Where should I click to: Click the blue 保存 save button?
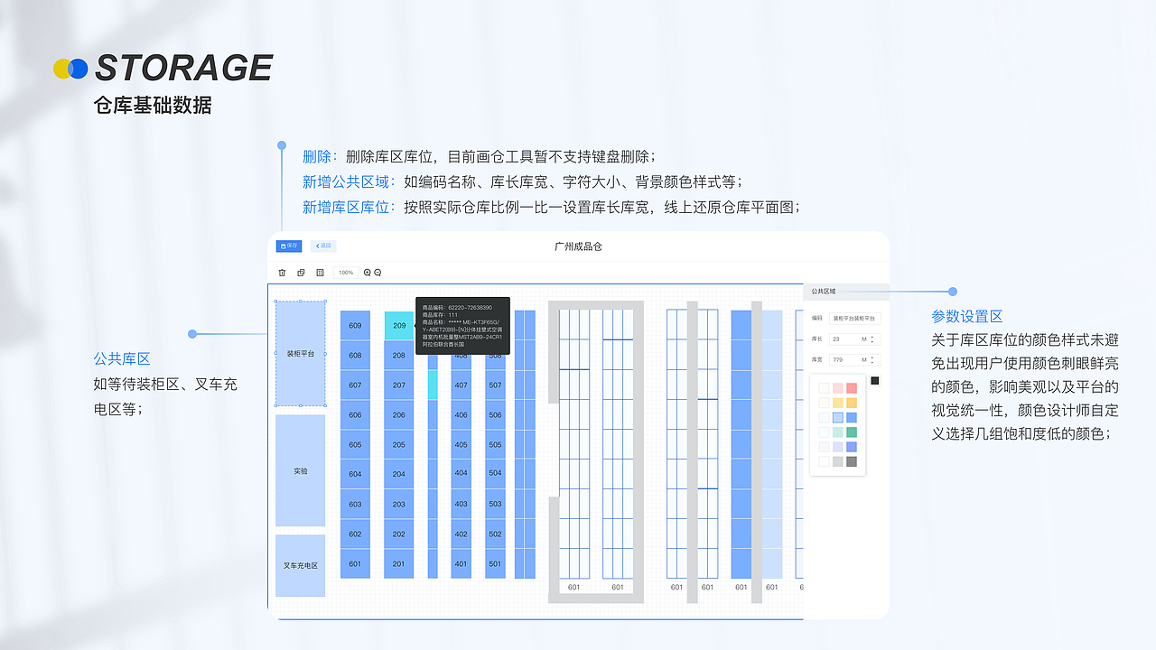pos(289,246)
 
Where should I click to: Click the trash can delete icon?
pos(282,273)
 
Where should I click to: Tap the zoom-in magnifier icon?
pos(368,273)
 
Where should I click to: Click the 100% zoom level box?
pos(346,273)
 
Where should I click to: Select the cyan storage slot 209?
pos(399,326)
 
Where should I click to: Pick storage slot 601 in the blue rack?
pos(355,564)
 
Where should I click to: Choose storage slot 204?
pos(399,474)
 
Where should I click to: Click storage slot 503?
pos(495,504)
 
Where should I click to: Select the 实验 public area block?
pos(300,470)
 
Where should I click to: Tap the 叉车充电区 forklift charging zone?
pos(300,566)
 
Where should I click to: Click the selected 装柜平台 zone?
pos(300,354)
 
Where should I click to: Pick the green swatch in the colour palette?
pos(852,432)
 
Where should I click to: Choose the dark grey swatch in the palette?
pos(852,461)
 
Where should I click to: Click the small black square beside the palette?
pos(874,381)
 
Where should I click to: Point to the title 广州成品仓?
pos(578,246)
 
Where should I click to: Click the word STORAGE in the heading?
pos(183,69)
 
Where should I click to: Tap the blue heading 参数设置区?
pos(967,317)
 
